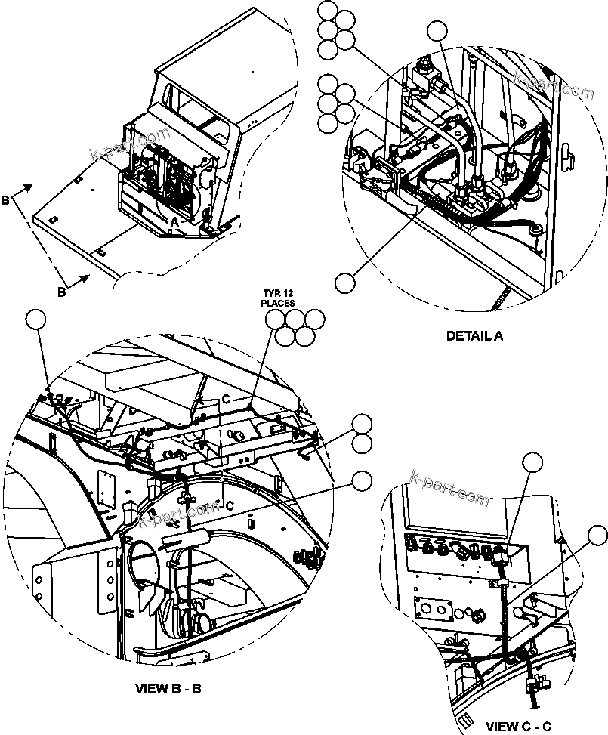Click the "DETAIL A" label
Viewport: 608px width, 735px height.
pyautogui.click(x=474, y=336)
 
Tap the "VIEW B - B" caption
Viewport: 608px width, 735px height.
pyautogui.click(x=168, y=688)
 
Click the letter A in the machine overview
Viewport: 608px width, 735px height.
pyautogui.click(x=174, y=221)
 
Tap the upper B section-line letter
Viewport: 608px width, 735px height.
pyautogui.click(x=6, y=201)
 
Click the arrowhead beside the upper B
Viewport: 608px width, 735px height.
pyautogui.click(x=29, y=186)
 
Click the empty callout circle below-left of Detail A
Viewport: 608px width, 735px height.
pyautogui.click(x=345, y=282)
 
